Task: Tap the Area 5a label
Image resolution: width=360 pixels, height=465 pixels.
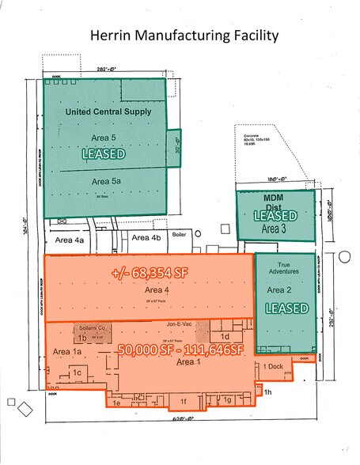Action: click(104, 180)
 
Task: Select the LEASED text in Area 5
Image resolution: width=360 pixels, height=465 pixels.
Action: click(104, 154)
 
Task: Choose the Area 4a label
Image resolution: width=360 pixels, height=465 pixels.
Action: click(69, 239)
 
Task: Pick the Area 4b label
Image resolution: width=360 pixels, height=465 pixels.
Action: click(146, 237)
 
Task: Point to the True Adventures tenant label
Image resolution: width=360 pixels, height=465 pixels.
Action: click(286, 271)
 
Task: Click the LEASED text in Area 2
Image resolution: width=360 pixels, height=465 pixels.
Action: click(286, 307)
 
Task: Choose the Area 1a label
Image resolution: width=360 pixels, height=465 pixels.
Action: click(67, 350)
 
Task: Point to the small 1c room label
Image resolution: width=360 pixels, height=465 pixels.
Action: click(78, 372)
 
